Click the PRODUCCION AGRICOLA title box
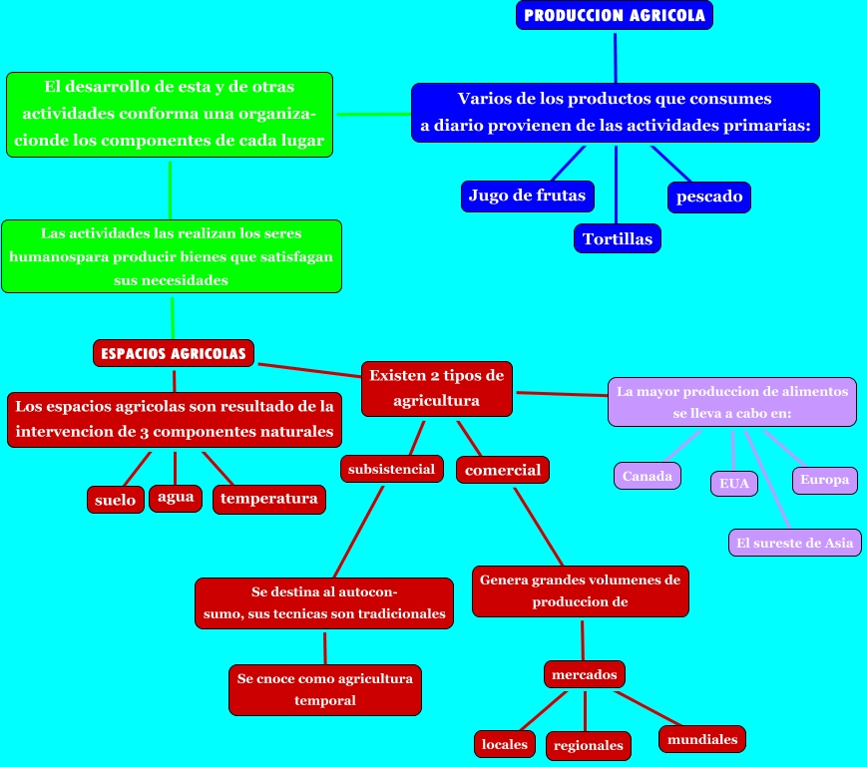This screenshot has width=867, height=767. pyautogui.click(x=615, y=15)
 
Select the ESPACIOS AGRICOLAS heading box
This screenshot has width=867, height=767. pyautogui.click(x=174, y=353)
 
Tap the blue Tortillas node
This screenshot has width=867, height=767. pyautogui.click(x=617, y=238)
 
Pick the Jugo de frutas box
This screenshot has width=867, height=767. pyautogui.click(x=528, y=195)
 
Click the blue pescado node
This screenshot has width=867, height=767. pyautogui.click(x=709, y=196)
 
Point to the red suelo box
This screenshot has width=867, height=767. pyautogui.click(x=116, y=500)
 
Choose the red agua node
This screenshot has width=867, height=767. pyautogui.click(x=176, y=498)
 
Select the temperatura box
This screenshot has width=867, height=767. pyautogui.click(x=269, y=499)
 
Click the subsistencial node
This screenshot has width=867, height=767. pyautogui.click(x=391, y=469)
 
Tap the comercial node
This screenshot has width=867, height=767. pyautogui.click(x=503, y=470)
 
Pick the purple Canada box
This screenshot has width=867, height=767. pyautogui.click(x=647, y=476)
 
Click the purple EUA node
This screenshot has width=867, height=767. pyautogui.click(x=734, y=484)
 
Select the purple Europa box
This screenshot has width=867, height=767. pyautogui.click(x=824, y=480)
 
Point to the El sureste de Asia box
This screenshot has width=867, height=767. pyautogui.click(x=794, y=543)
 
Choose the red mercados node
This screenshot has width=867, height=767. pyautogui.click(x=585, y=674)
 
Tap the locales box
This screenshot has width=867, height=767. pyautogui.click(x=504, y=744)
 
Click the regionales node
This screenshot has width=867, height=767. pyautogui.click(x=589, y=745)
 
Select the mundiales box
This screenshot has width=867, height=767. pyautogui.click(x=702, y=739)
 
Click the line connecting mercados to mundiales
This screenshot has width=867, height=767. pyautogui.click(x=648, y=708)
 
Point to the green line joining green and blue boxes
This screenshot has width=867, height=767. pyautogui.click(x=373, y=115)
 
